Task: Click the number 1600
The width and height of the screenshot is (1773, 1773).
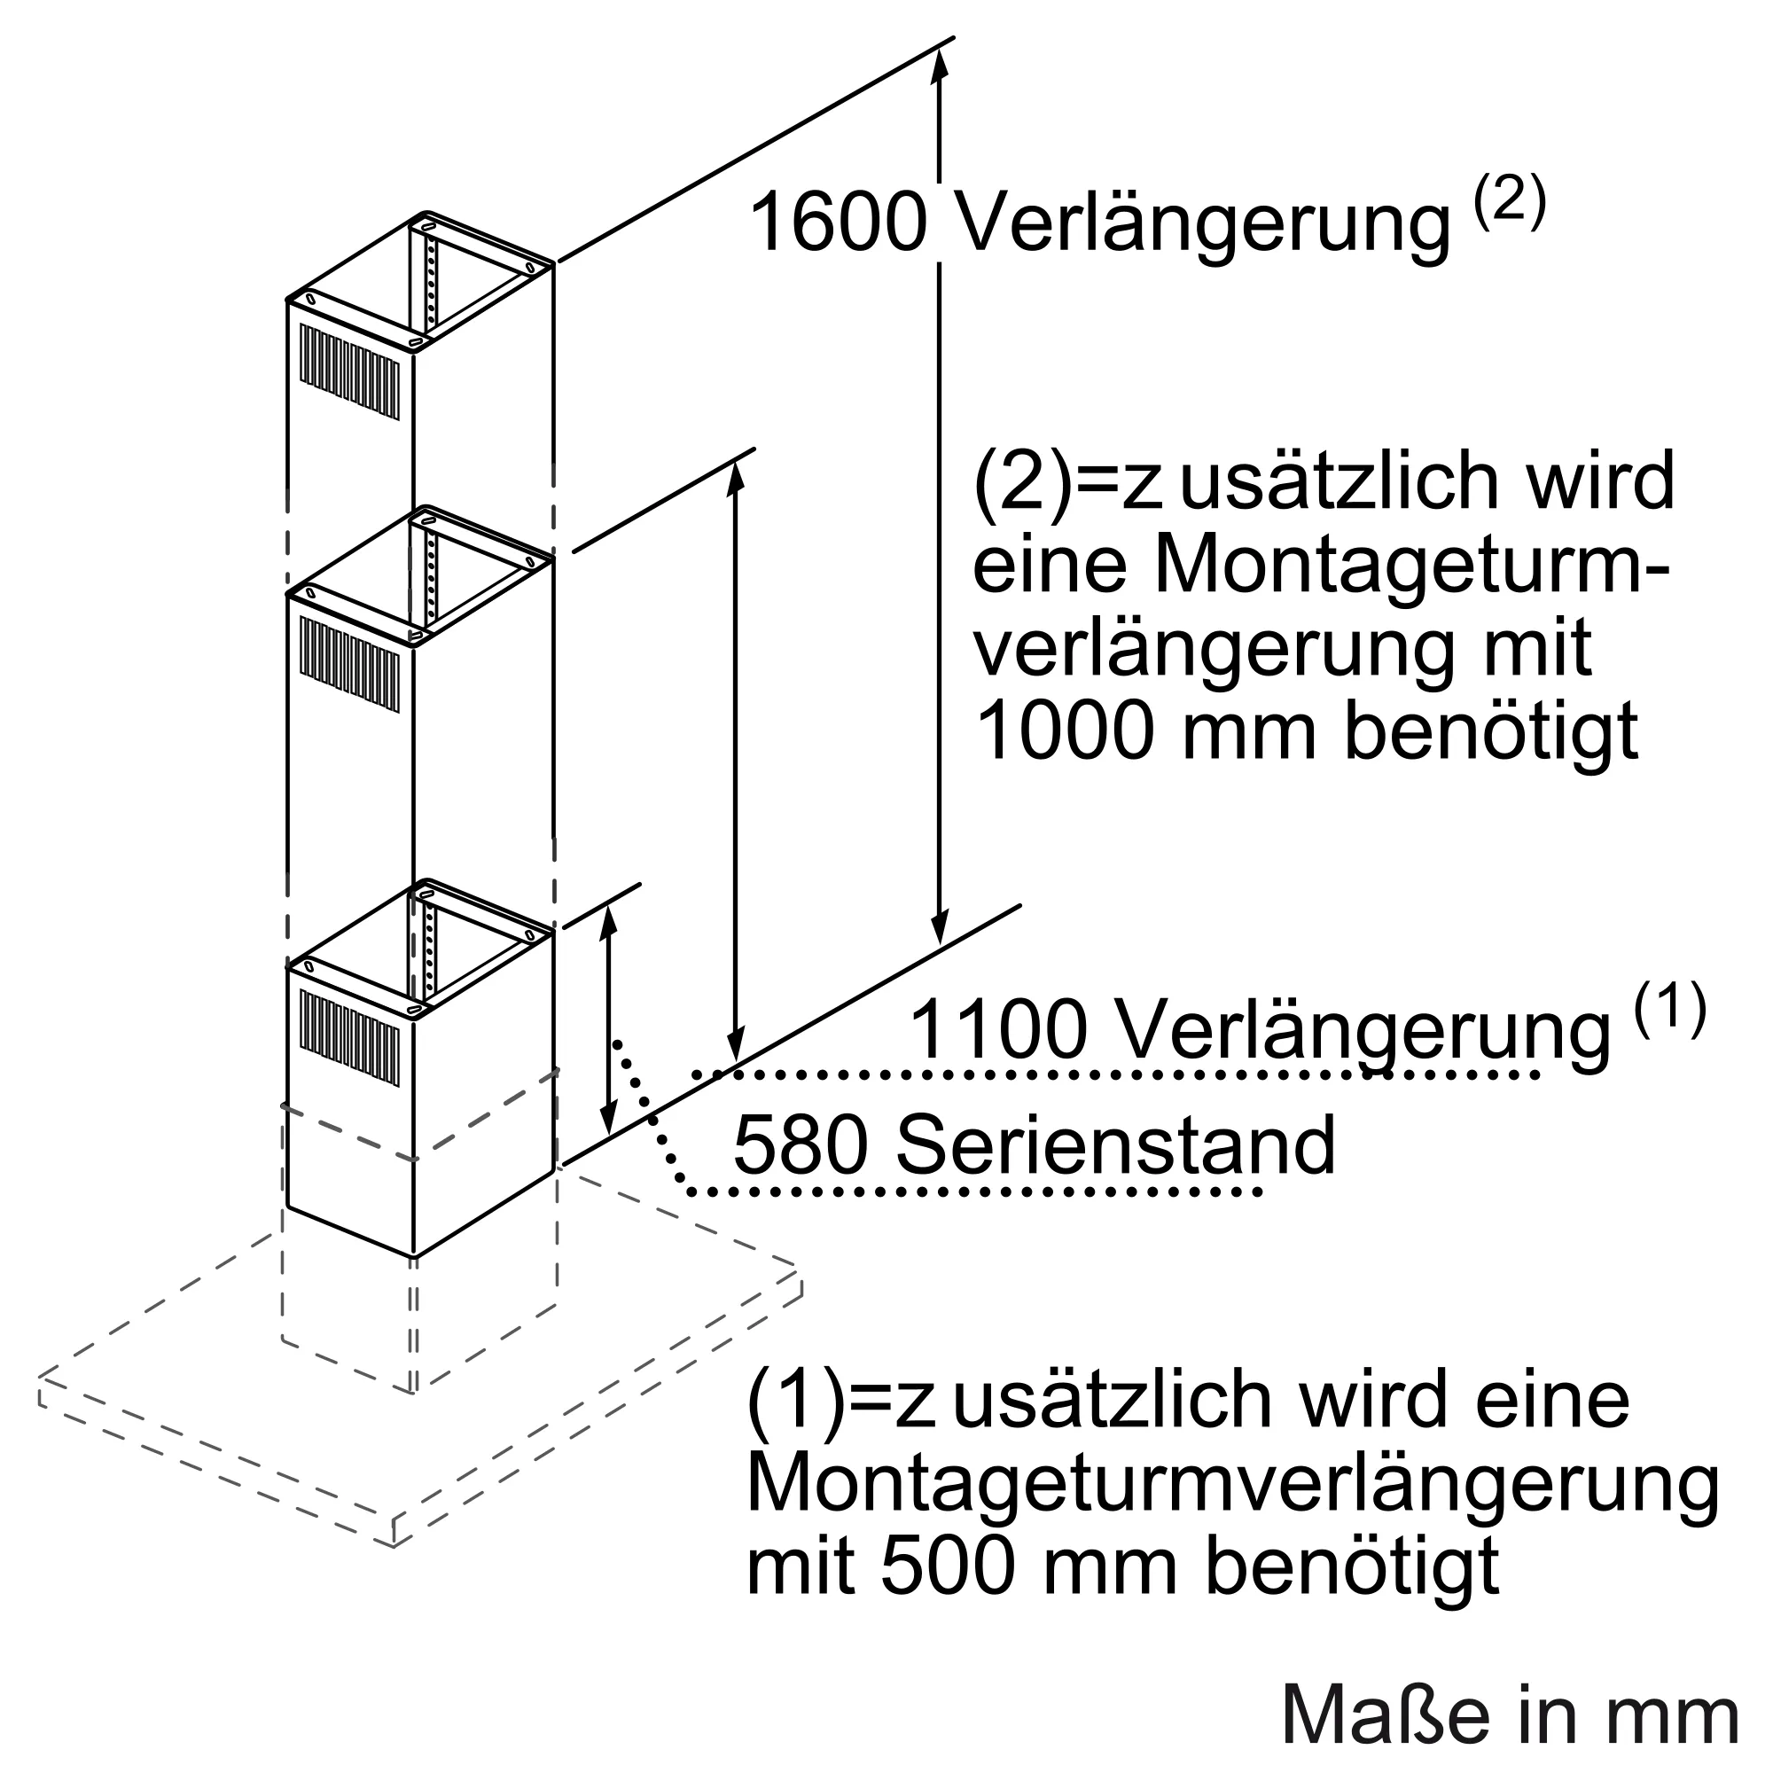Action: [x=837, y=223]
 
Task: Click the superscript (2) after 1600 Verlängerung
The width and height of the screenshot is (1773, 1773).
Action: [x=1510, y=201]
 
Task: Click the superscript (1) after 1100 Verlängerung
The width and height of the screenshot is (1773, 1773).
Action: [x=1670, y=1008]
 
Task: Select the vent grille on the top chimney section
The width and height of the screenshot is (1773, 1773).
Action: [x=349, y=372]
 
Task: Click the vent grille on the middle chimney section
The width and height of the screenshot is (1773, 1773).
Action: [x=349, y=664]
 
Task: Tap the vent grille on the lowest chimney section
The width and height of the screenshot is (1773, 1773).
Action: [x=349, y=1038]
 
